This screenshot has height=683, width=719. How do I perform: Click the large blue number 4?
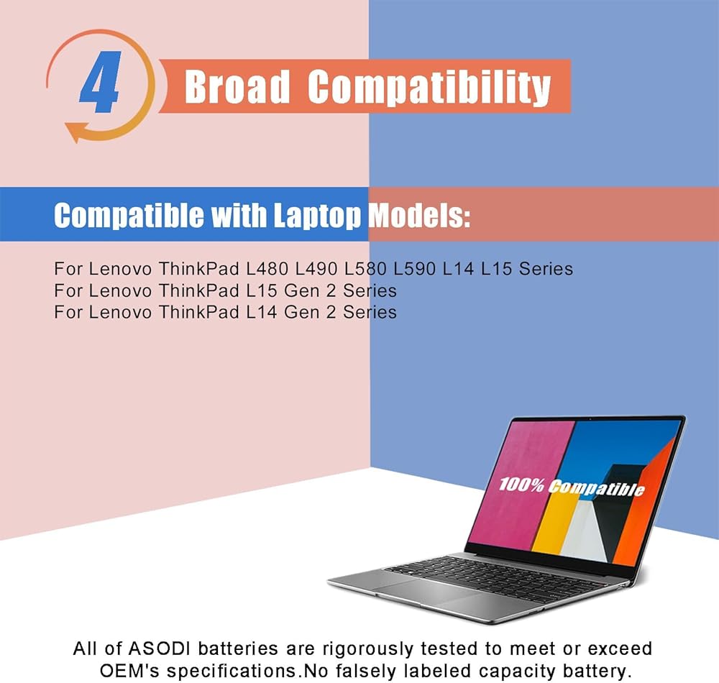[x=101, y=83]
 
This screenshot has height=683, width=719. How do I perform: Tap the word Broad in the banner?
[x=237, y=86]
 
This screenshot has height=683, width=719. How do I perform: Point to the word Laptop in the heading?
[x=317, y=216]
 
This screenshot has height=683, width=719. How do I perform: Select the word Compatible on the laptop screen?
[x=597, y=488]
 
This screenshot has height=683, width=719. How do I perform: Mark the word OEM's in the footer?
[x=129, y=671]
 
